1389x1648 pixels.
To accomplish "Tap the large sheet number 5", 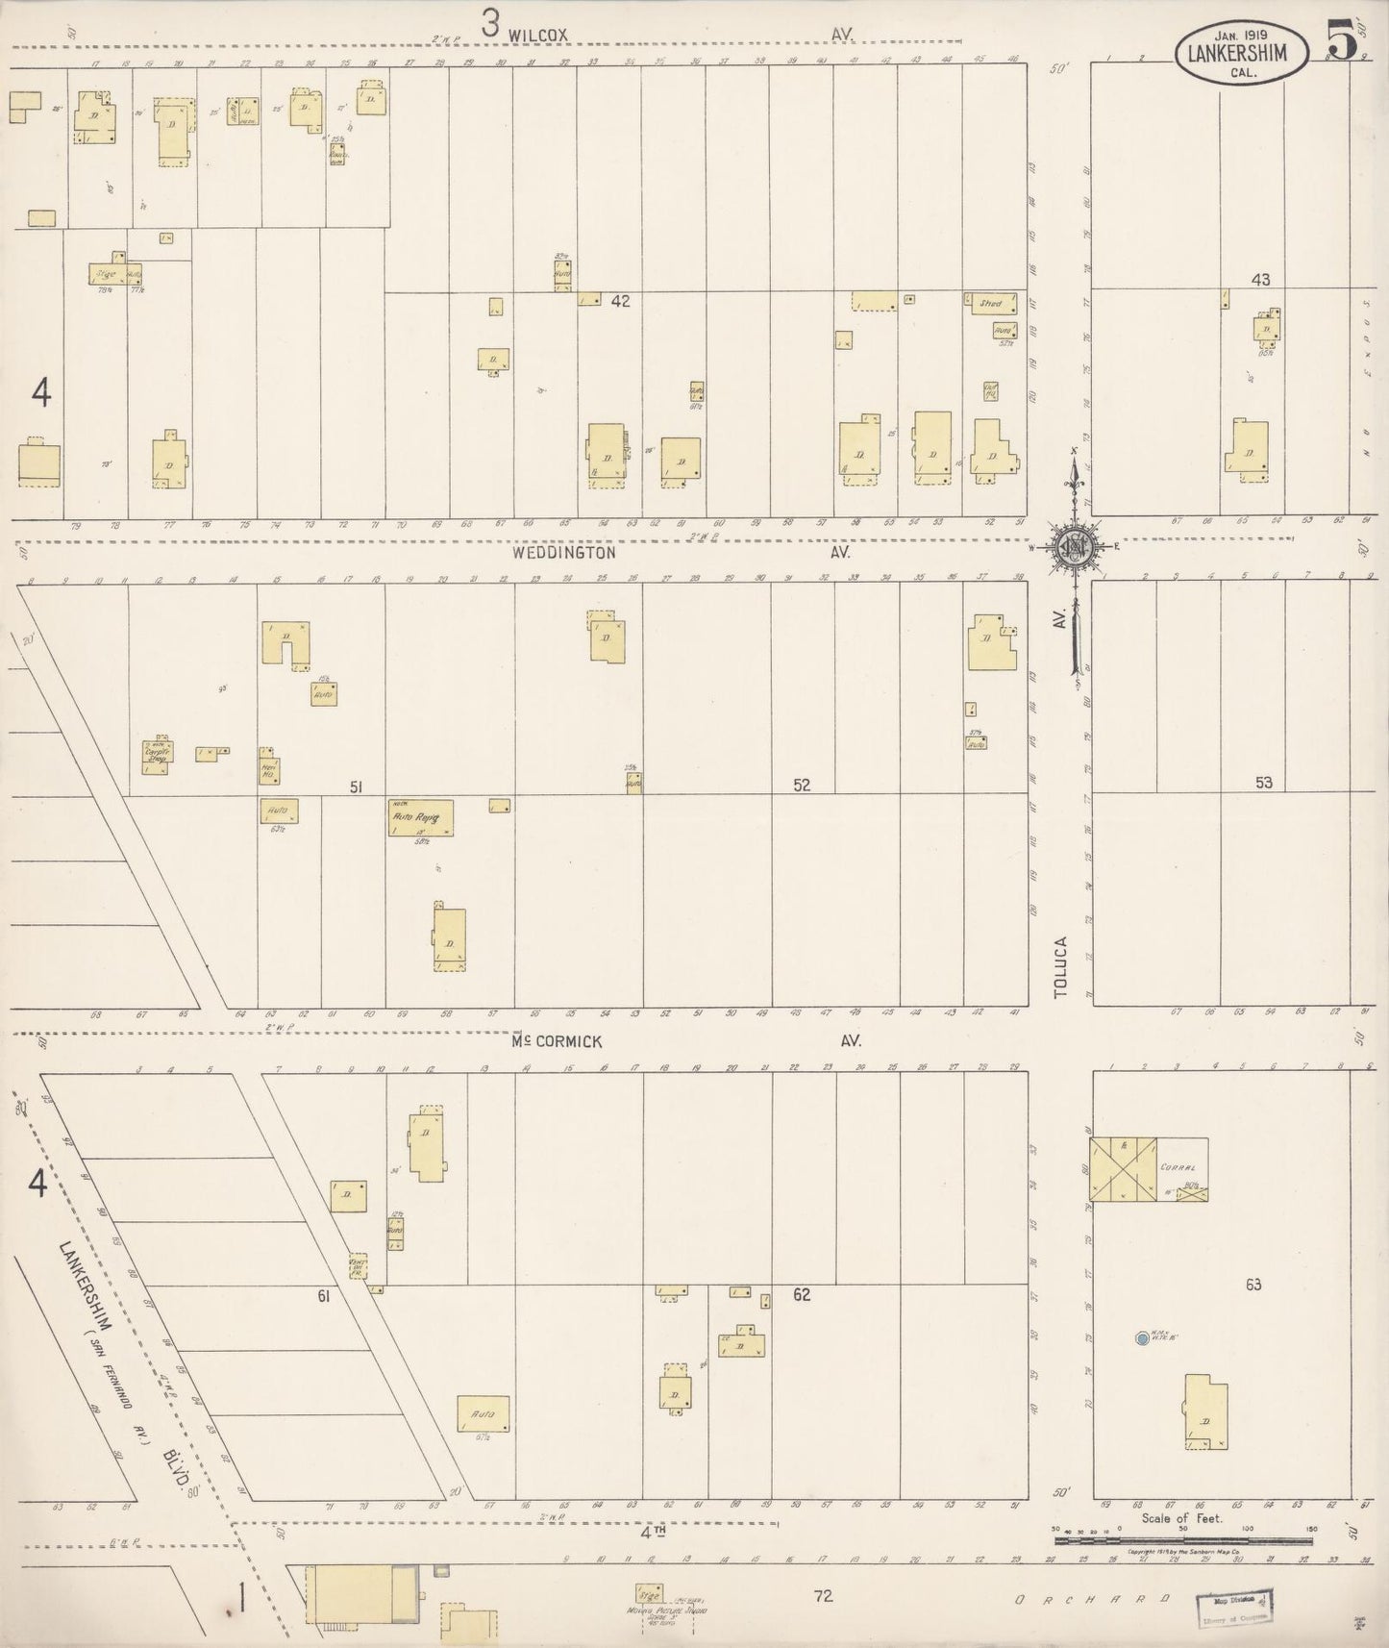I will point(1342,39).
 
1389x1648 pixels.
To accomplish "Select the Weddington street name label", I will point(563,553).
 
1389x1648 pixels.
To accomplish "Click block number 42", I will point(620,301).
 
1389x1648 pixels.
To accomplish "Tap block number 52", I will point(802,785).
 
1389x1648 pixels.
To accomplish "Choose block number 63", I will point(1253,1285).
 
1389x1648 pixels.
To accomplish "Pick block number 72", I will point(823,1596).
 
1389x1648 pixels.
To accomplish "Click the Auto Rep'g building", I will point(420,817).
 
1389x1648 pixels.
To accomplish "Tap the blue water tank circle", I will point(1141,1337).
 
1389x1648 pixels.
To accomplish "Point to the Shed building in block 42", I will point(990,304).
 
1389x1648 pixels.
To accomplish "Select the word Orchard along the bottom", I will point(1092,1600).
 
